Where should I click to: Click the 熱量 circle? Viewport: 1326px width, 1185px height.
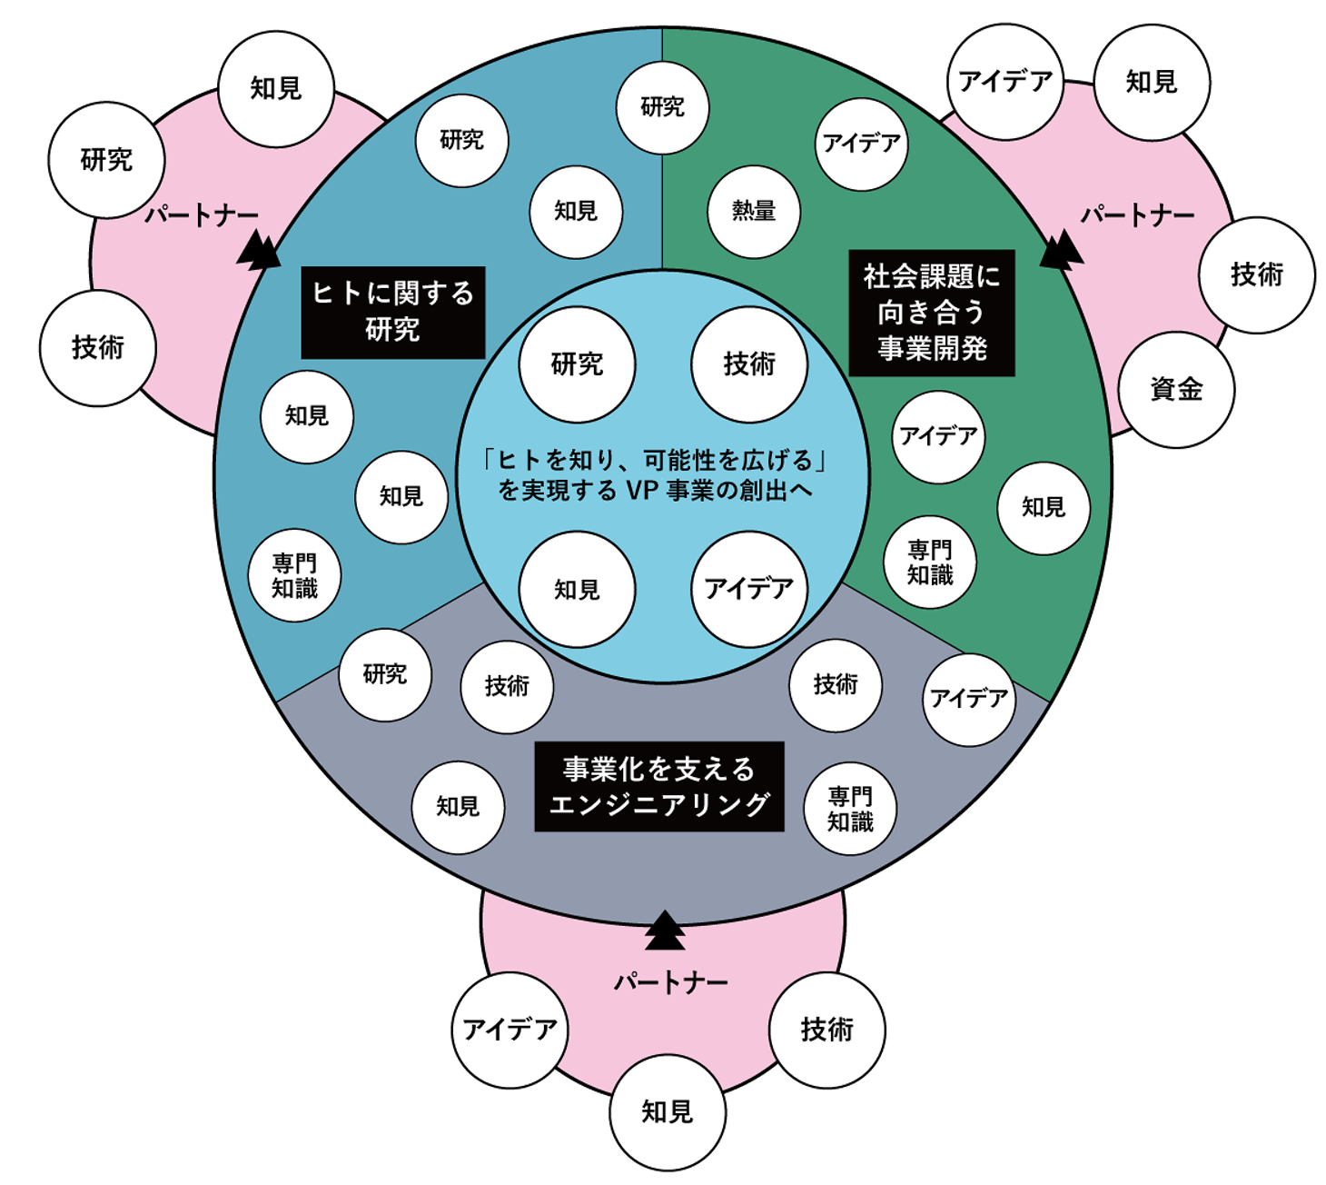coord(754,212)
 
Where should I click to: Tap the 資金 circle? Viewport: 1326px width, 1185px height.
coord(1176,389)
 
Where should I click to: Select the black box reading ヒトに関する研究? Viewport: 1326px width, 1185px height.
coord(393,312)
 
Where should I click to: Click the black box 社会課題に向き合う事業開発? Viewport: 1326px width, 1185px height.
coord(932,313)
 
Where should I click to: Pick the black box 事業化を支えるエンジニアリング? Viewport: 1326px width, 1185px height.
coord(659,787)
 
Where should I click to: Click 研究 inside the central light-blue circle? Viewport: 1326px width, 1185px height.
coord(577,364)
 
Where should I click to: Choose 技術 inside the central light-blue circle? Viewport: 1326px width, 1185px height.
coord(749,364)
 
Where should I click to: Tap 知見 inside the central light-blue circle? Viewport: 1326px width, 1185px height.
coord(577,590)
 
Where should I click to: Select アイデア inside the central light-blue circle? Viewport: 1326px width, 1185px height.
coord(749,590)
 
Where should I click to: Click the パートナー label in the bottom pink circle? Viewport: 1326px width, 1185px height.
coord(671,982)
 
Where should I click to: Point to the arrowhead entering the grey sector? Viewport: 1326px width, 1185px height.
coord(665,931)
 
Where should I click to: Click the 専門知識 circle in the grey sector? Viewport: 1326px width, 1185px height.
coord(850,809)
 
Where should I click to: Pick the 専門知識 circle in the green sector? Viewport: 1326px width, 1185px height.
coord(930,563)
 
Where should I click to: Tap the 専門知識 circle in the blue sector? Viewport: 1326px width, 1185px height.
coord(295,576)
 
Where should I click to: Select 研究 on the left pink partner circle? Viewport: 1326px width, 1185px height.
coord(107,161)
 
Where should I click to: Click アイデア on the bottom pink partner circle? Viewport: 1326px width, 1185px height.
coord(510,1030)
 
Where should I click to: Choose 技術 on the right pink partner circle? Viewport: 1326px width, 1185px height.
coord(1257,274)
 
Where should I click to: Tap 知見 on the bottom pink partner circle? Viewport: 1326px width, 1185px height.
coord(668,1111)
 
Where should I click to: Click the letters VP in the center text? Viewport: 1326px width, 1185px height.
coord(642,491)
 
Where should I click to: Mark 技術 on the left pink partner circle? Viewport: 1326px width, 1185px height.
coord(98,347)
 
